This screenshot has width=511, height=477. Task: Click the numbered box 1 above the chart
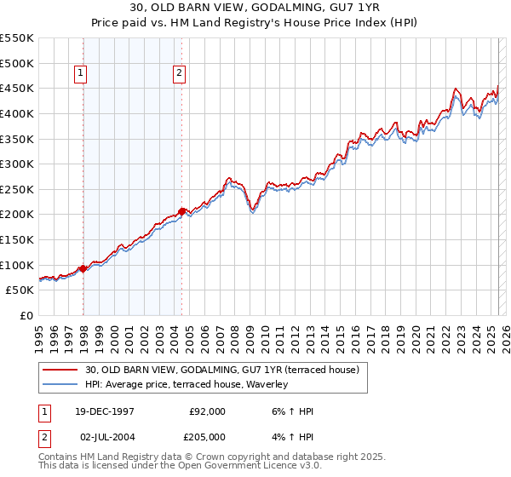click(80, 74)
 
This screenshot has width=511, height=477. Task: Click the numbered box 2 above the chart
click(180, 74)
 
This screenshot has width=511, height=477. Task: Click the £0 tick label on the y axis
click(27, 315)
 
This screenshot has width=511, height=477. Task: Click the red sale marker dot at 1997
click(83, 268)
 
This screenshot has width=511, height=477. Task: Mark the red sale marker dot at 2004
click(182, 211)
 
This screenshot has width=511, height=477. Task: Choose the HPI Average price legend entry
click(187, 384)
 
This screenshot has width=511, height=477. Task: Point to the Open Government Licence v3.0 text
click(255, 466)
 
